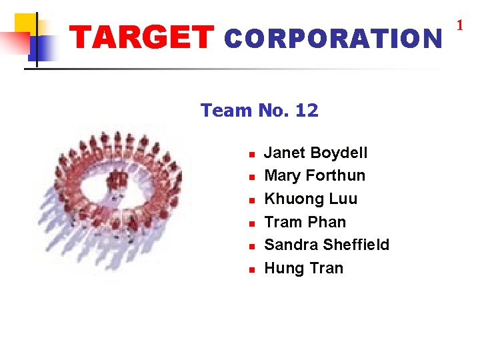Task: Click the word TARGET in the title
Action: pyautogui.click(x=142, y=39)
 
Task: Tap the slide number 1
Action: pyautogui.click(x=459, y=26)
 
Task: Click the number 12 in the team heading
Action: pyautogui.click(x=306, y=111)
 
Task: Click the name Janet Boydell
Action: pyautogui.click(x=315, y=153)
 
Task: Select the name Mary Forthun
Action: pyautogui.click(x=315, y=175)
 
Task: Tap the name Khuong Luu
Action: pyautogui.click(x=311, y=199)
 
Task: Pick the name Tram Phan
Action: pyautogui.click(x=305, y=222)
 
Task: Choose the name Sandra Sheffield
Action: pyautogui.click(x=327, y=245)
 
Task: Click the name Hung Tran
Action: pyautogui.click(x=303, y=268)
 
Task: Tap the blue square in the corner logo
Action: pyautogui.click(x=41, y=48)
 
